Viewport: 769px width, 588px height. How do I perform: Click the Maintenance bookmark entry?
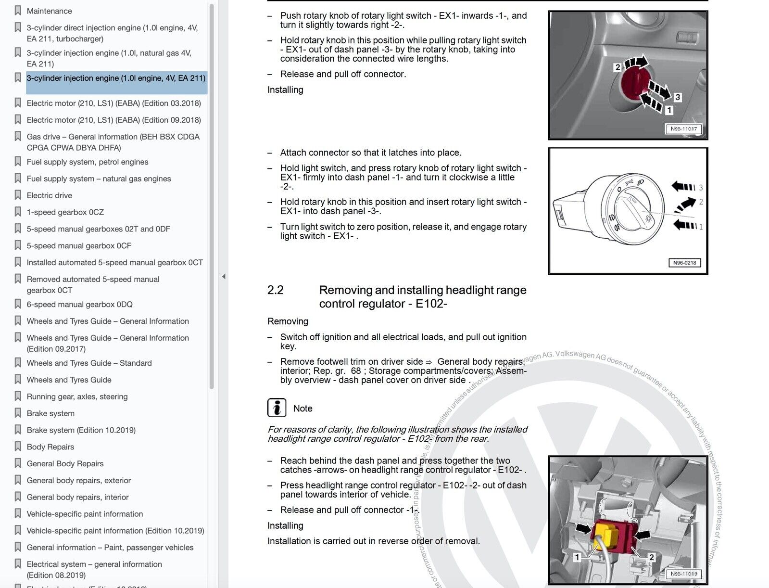point(49,11)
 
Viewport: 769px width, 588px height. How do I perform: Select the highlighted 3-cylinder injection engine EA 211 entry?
point(116,78)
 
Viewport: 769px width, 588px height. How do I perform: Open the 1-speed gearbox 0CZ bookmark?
point(65,212)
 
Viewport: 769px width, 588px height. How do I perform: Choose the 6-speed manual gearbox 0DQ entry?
point(79,305)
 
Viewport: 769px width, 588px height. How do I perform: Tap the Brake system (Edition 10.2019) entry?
point(81,430)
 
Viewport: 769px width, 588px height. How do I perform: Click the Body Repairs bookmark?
point(50,447)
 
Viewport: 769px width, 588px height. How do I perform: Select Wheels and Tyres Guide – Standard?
point(89,363)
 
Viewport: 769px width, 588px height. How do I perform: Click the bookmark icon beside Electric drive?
point(18,195)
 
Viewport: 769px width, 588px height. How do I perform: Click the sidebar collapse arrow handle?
point(224,277)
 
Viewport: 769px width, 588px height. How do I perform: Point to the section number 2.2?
point(275,290)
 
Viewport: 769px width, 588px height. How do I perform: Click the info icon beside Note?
point(277,408)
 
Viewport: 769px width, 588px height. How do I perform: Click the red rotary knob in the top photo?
point(635,82)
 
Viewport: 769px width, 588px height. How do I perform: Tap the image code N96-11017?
point(683,129)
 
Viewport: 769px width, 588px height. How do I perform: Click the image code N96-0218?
point(684,263)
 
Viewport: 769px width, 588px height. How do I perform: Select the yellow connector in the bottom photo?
point(605,534)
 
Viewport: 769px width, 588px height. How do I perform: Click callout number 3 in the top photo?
point(678,97)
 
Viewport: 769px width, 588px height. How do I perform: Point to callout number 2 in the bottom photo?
point(651,557)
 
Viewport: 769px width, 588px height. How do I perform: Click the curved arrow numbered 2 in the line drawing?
point(685,205)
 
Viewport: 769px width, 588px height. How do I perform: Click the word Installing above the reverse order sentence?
point(285,526)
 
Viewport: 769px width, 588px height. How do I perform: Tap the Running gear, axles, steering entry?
point(77,397)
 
